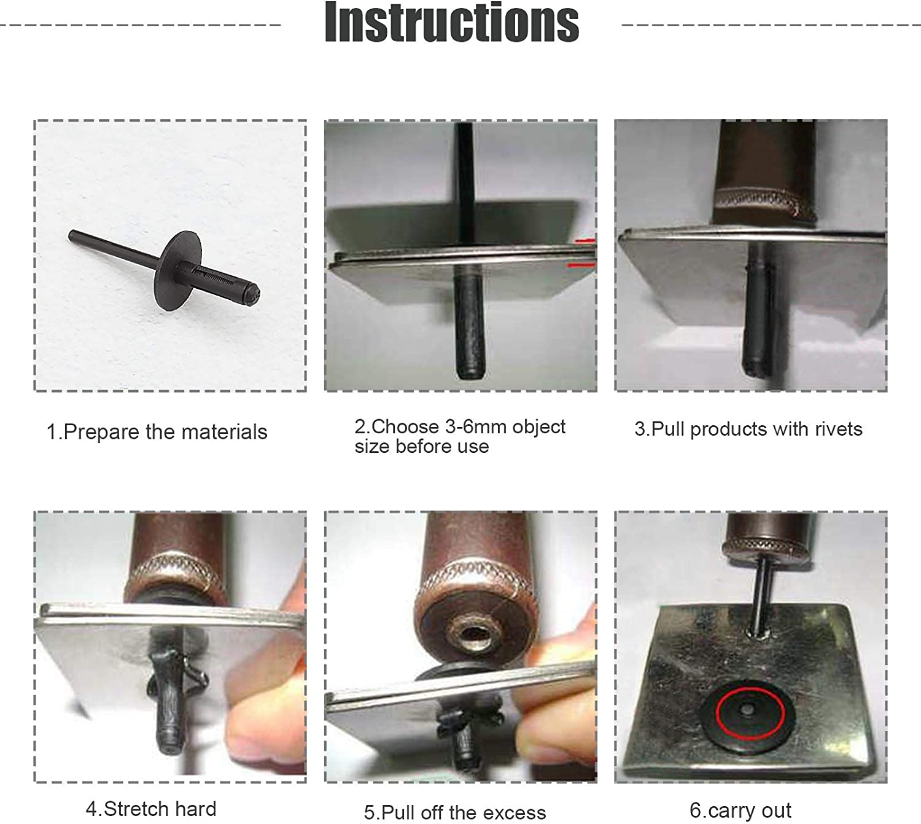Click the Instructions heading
(451, 23)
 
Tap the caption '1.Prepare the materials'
(157, 432)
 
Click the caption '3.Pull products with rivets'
(748, 429)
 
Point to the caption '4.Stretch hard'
(151, 808)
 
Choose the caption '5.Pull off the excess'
(454, 812)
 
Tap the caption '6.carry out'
(740, 810)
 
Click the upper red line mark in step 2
(585, 241)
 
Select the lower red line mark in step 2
(581, 265)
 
